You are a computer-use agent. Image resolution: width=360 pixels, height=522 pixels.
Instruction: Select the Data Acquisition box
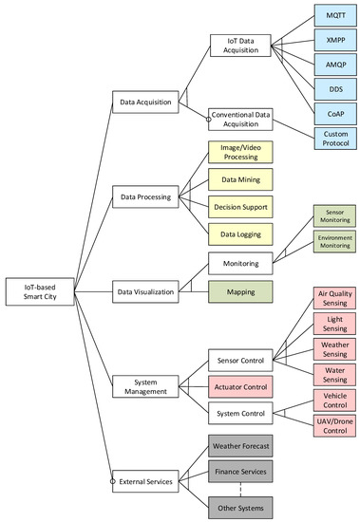[x=142, y=100]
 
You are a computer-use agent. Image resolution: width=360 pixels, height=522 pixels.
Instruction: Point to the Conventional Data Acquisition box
[x=241, y=119]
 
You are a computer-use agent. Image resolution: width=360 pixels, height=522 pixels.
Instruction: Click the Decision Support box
[x=241, y=206]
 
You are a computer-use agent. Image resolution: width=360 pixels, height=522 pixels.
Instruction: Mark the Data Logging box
[x=241, y=233]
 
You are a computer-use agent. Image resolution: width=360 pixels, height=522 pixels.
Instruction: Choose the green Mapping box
[x=241, y=291]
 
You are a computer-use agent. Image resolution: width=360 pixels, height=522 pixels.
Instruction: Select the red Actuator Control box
[x=241, y=386]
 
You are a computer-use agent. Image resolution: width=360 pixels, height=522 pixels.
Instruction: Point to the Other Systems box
[x=241, y=506]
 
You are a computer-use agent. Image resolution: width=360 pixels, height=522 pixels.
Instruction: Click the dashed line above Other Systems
[x=241, y=488]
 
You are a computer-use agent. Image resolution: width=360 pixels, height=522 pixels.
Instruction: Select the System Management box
[x=142, y=386]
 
